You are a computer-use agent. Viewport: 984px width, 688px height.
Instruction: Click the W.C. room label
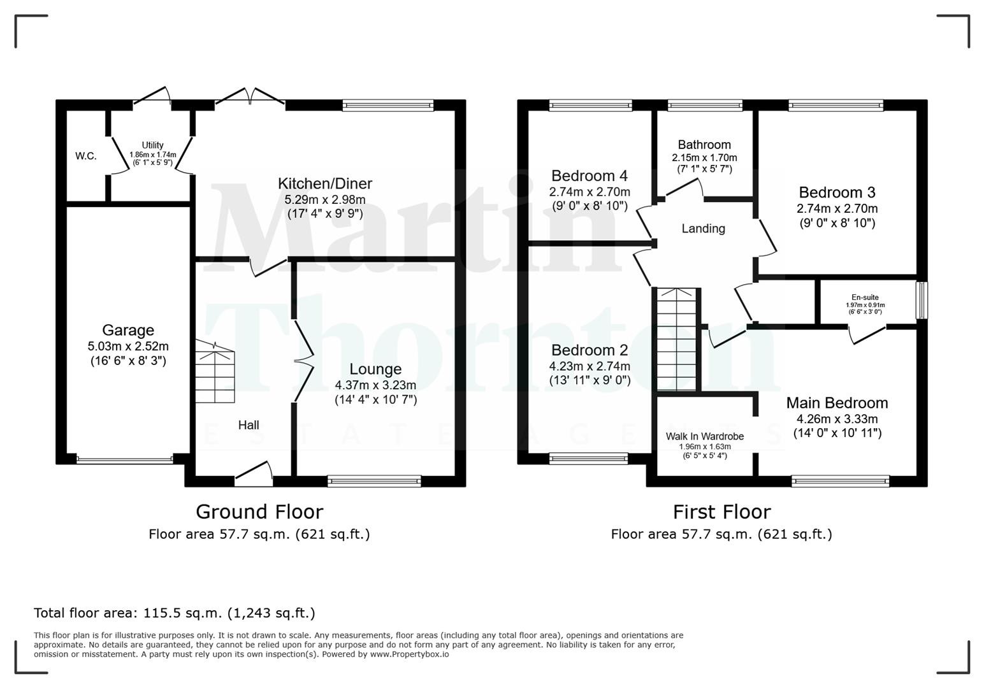pos(86,156)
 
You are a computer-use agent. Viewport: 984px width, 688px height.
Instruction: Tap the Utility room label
pos(152,145)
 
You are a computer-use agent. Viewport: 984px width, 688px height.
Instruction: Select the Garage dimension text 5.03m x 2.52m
pos(128,347)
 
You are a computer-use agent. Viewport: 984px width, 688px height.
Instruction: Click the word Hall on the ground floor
pos(249,425)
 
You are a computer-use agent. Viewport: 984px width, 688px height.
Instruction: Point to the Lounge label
pos(375,369)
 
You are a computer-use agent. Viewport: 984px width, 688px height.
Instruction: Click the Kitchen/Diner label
pos(324,183)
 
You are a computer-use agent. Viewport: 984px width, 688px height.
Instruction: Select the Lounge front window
pos(374,481)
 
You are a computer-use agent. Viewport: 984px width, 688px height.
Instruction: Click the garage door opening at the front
pos(124,459)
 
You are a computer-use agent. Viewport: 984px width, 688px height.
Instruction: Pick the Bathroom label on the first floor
pos(704,145)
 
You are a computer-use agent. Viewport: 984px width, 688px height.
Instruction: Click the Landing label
pos(703,229)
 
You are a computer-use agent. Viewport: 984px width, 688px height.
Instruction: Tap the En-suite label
pos(865,297)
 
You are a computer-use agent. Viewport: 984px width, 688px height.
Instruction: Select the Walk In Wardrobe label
pos(705,436)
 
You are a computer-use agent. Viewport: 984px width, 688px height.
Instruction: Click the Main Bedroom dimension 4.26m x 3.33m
pos(837,419)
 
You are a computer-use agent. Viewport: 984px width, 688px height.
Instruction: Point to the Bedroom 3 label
pos(837,192)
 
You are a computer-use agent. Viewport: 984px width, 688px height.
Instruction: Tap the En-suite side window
pos(922,300)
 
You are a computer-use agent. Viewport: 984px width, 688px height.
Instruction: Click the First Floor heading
pos(721,512)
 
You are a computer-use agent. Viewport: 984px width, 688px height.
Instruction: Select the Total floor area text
pos(174,613)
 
